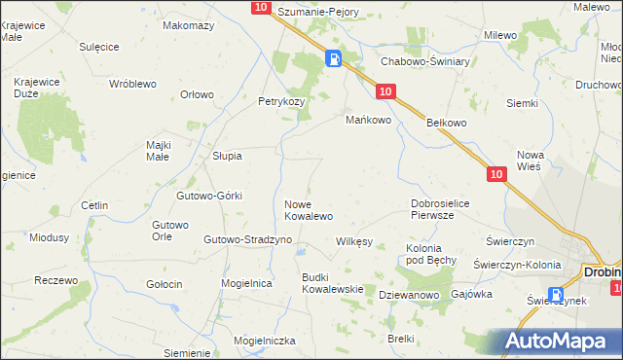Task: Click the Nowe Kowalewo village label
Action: click(x=309, y=209)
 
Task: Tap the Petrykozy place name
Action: click(x=281, y=101)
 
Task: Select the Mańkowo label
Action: click(x=369, y=121)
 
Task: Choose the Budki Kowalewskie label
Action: click(x=332, y=283)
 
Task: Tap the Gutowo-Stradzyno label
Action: click(x=240, y=239)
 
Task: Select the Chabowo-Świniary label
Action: click(x=425, y=61)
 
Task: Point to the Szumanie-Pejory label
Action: click(x=318, y=12)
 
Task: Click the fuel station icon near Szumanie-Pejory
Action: click(x=334, y=59)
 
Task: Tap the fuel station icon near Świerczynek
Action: click(x=556, y=295)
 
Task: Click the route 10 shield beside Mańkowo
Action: click(x=385, y=91)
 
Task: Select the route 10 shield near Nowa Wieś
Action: click(x=496, y=174)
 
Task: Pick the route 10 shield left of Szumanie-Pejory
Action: click(x=260, y=8)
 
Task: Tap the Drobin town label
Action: click(x=603, y=272)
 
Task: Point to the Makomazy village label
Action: click(x=189, y=25)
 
